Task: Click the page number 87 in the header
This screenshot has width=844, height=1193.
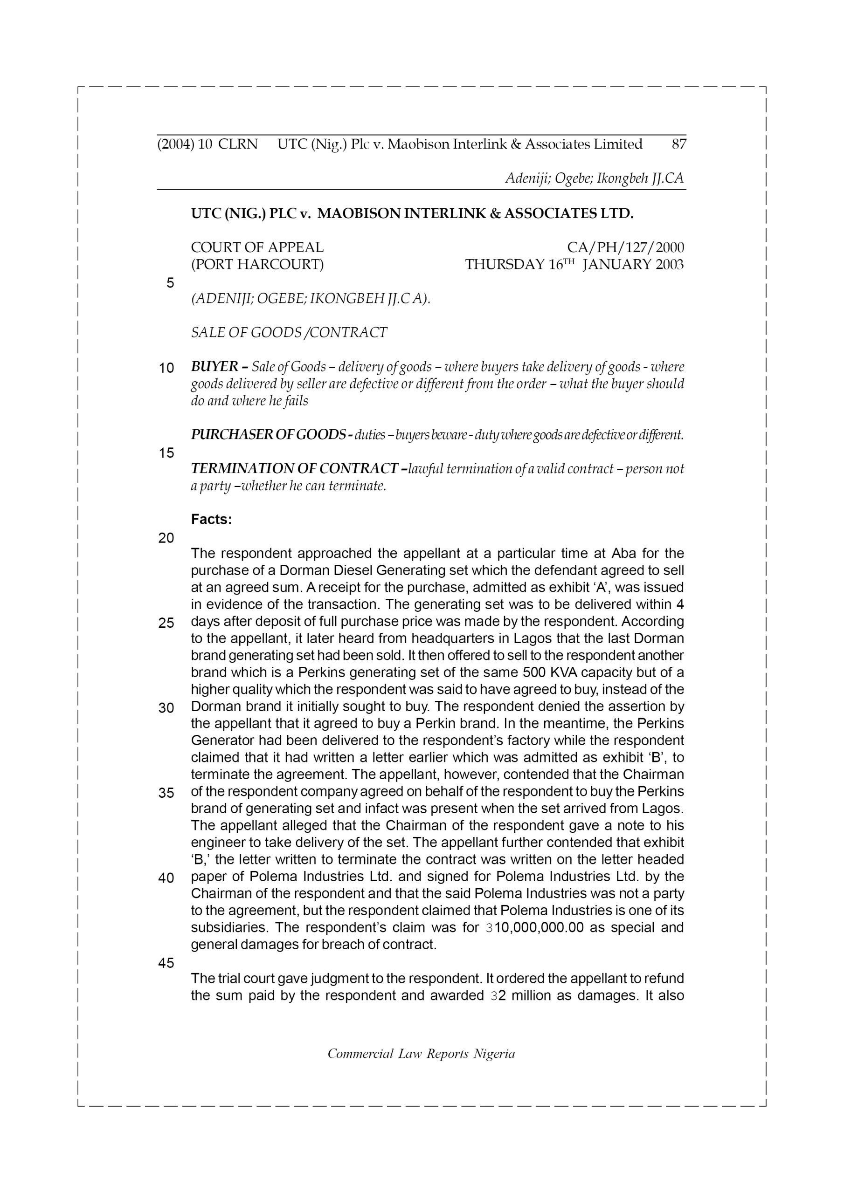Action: pos(678,144)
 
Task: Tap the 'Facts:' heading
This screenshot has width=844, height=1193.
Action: pos(211,519)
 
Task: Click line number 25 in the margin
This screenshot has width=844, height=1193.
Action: pos(166,623)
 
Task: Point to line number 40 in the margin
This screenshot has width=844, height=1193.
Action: pos(166,878)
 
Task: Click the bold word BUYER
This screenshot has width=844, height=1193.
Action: pos(214,367)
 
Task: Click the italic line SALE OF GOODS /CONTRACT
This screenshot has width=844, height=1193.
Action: pos(289,333)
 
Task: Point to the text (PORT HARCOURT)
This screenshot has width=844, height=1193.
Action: pos(257,265)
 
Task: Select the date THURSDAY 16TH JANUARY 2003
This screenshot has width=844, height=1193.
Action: pos(574,265)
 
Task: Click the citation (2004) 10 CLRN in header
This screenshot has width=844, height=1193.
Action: pos(207,144)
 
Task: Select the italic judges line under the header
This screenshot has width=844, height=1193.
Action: pos(594,178)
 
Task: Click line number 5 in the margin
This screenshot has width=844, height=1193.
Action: pos(170,283)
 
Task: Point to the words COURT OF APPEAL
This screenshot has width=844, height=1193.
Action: pos(257,247)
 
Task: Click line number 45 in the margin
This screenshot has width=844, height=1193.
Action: pos(166,963)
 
